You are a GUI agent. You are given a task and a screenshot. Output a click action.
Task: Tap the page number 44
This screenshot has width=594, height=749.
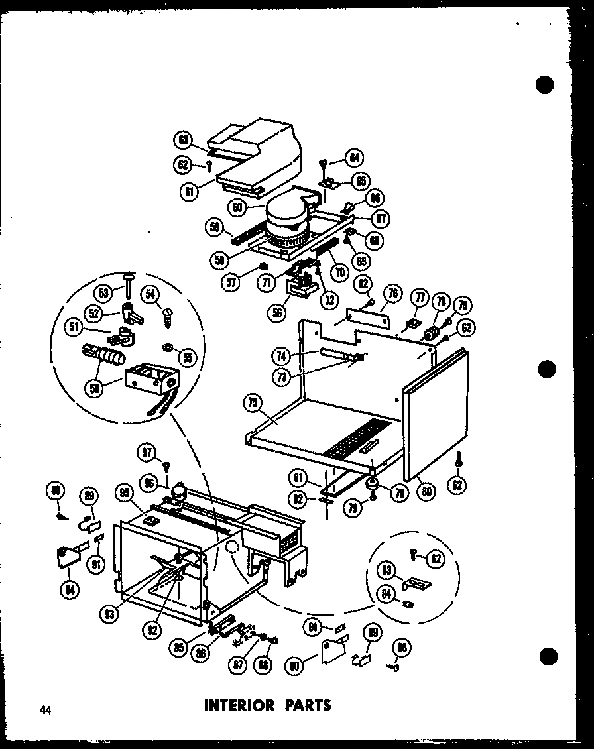45,710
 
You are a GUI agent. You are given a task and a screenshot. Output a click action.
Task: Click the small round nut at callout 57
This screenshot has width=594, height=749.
263,267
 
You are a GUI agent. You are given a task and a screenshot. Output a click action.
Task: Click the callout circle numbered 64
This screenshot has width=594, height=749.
354,158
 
